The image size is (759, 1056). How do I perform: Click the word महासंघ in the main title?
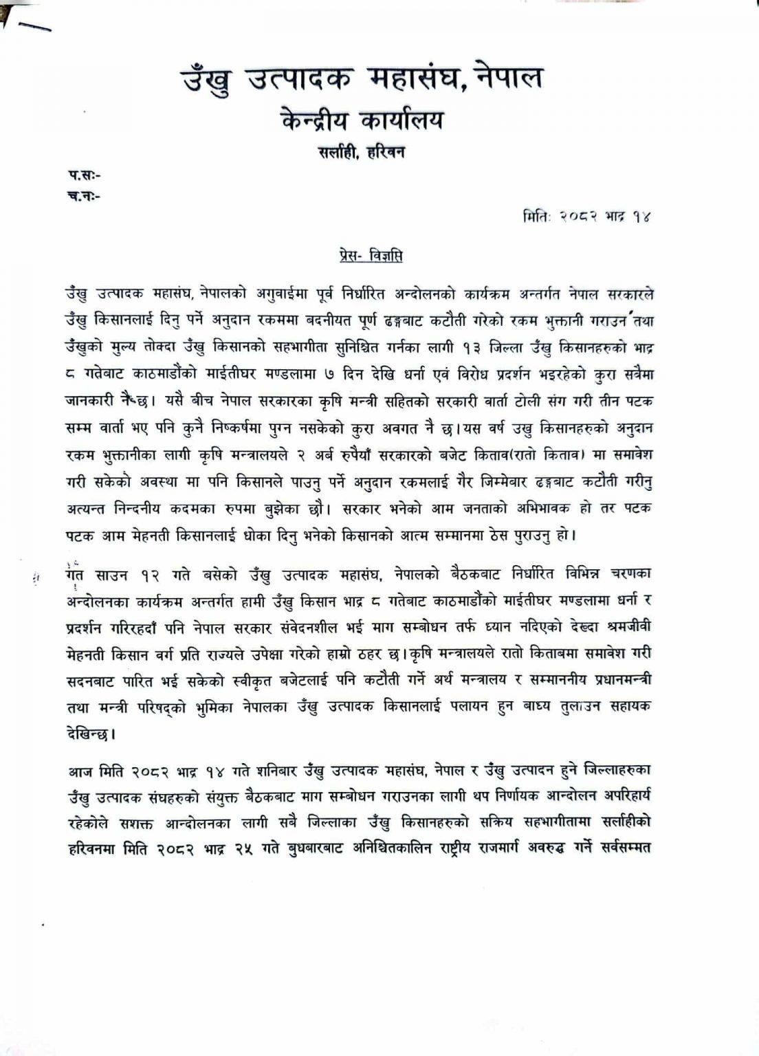pos(411,78)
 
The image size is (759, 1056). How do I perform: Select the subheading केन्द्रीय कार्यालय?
pos(362,121)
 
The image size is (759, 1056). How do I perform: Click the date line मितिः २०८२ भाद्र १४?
pos(585,216)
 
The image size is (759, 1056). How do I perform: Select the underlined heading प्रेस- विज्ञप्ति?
pos(362,256)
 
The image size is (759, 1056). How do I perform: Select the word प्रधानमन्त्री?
pos(613,680)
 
